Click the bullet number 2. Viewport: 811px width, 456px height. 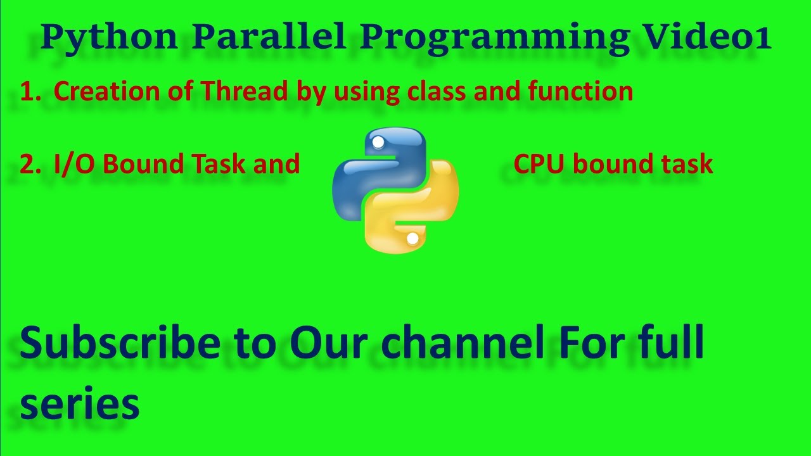click(x=29, y=164)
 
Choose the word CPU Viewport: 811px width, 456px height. click(x=540, y=164)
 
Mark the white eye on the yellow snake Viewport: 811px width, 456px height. click(x=412, y=239)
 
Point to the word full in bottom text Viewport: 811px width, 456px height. click(x=665, y=344)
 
